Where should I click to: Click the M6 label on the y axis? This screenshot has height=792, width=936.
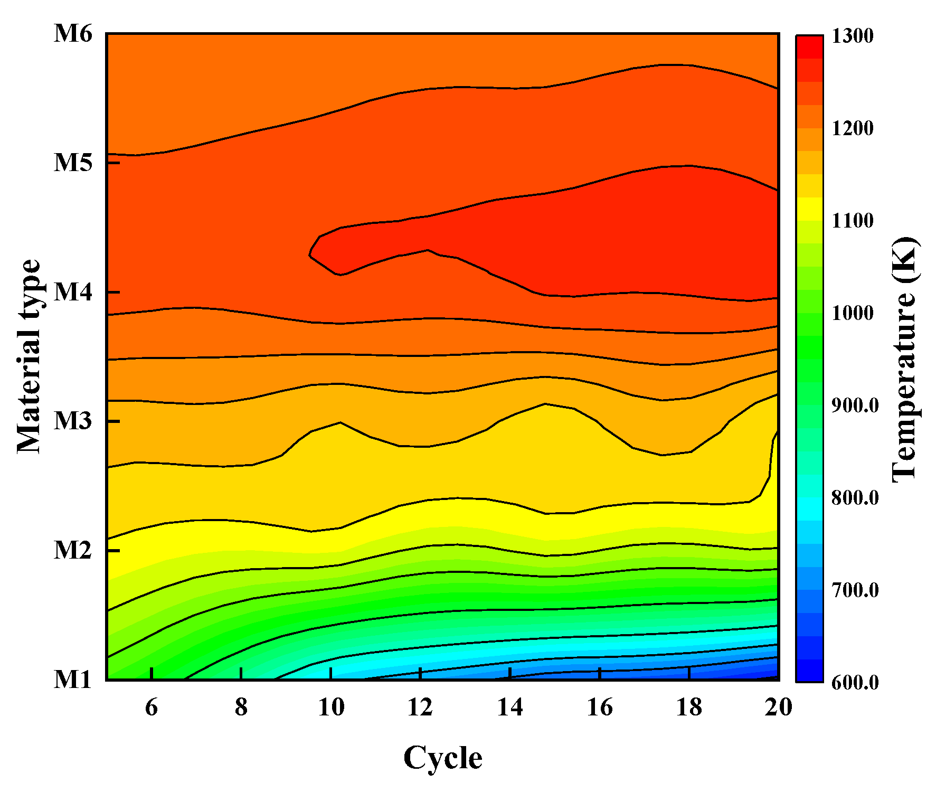(73, 34)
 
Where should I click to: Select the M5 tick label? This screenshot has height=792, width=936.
(73, 162)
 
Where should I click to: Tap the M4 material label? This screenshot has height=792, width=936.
(73, 291)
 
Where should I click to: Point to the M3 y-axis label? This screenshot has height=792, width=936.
(73, 421)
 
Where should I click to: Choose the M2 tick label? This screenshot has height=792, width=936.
(73, 550)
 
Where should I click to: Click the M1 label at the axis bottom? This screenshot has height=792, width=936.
(73, 680)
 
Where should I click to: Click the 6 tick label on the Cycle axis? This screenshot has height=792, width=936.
(152, 708)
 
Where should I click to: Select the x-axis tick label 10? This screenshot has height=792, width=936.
(331, 708)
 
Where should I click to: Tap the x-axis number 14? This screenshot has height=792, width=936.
(510, 708)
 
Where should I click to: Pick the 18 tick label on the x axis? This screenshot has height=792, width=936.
(689, 708)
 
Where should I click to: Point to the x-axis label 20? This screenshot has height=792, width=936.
(779, 708)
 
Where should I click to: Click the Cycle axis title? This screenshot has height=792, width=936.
(442, 758)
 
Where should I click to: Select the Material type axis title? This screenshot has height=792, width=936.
(29, 356)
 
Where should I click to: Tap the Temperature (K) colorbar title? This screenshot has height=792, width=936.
(905, 359)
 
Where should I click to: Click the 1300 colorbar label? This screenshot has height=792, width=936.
(853, 36)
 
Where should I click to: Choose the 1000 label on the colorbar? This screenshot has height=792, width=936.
(853, 313)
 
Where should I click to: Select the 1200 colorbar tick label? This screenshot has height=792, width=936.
(853, 128)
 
